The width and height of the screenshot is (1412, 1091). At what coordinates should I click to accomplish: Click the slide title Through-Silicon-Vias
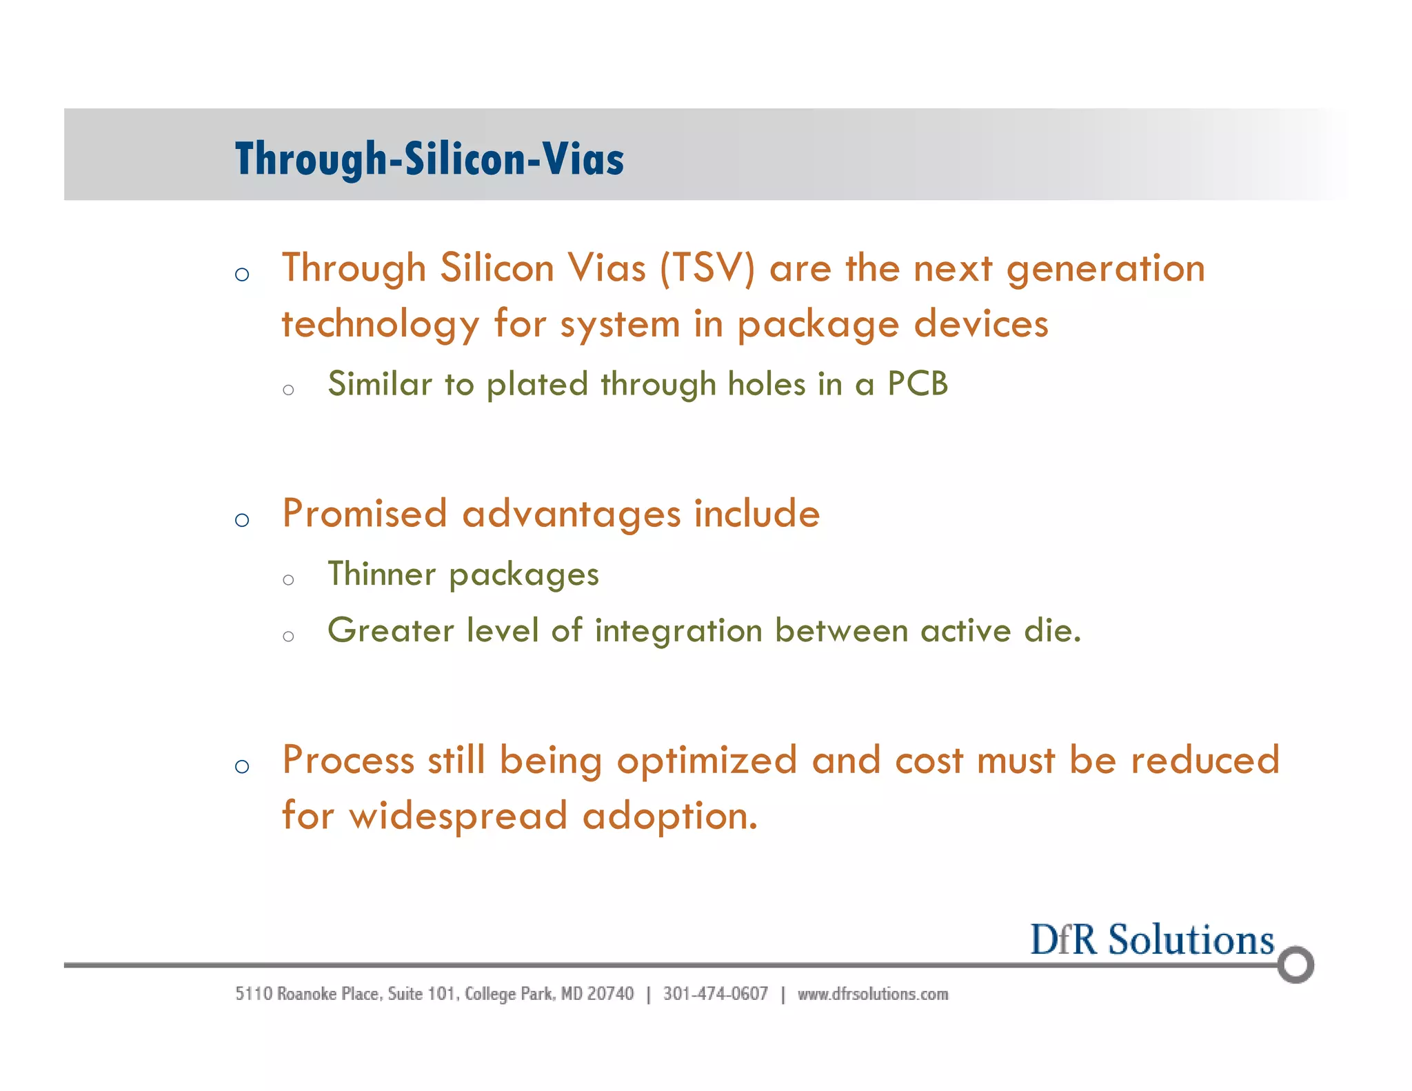pos(429,159)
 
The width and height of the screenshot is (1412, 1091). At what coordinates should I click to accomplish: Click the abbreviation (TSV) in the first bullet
pos(707,268)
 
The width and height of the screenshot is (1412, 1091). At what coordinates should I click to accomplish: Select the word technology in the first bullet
pos(381,326)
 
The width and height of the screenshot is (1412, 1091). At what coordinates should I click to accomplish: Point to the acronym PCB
pos(918,383)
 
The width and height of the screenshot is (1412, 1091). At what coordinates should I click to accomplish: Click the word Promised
pos(365,514)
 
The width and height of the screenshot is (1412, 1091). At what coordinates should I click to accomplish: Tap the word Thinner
pos(381,574)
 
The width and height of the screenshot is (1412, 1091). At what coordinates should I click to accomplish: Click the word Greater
pos(390,630)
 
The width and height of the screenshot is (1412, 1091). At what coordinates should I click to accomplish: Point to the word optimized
pos(707,761)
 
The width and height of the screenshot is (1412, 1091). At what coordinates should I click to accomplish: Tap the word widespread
pos(458,817)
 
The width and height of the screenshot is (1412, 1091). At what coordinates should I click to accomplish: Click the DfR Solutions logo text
pos(1151,940)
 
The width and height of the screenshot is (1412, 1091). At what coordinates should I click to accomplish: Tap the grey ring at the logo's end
pos(1295,964)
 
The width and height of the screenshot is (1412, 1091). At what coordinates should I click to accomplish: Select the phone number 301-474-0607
pos(715,994)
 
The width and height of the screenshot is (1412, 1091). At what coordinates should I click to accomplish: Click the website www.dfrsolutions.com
pos(872,994)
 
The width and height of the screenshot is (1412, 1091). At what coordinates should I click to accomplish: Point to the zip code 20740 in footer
pos(610,994)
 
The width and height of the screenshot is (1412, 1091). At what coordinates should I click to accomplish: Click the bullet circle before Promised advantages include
pos(241,520)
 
